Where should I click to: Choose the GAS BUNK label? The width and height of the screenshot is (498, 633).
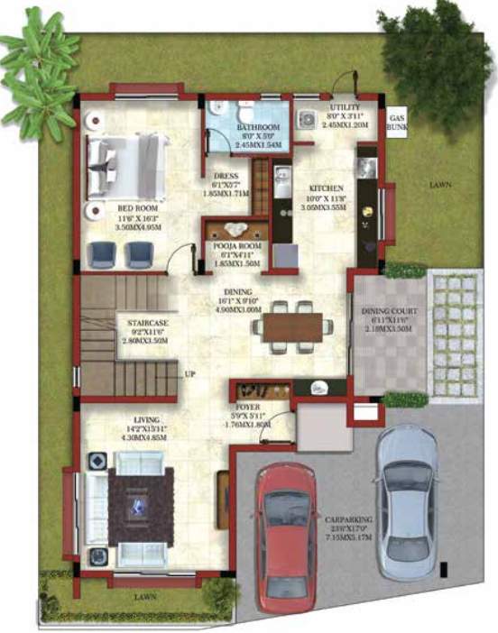coord(396,124)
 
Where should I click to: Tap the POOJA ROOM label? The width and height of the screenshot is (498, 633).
coord(232,245)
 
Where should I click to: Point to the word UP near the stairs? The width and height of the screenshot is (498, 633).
coord(189,372)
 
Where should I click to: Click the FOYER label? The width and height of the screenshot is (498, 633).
coord(248,407)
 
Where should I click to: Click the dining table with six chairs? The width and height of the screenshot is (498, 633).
coord(291,326)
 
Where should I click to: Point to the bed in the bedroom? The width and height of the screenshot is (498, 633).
coord(126,166)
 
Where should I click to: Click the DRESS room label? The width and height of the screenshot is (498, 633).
coord(226,176)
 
